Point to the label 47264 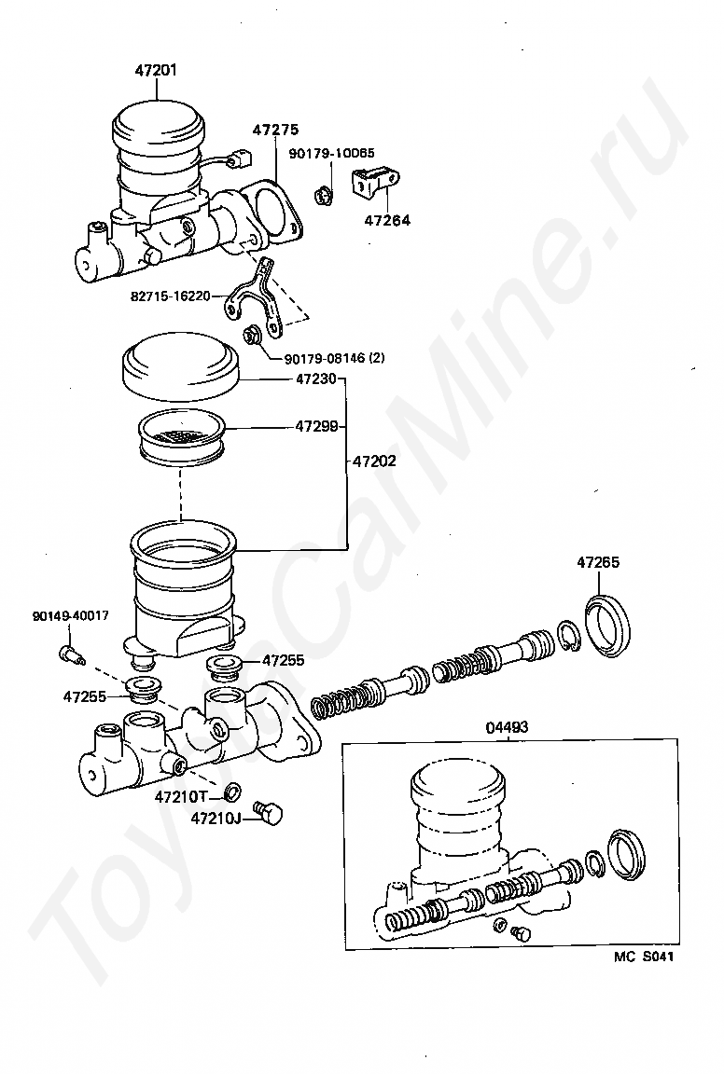coord(387,221)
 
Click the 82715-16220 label coord(170,296)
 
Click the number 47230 coord(315,379)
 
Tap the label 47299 coord(315,427)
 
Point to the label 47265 coord(597,562)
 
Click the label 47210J coord(216,819)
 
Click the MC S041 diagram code coord(644,957)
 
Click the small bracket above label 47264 coord(376,181)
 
